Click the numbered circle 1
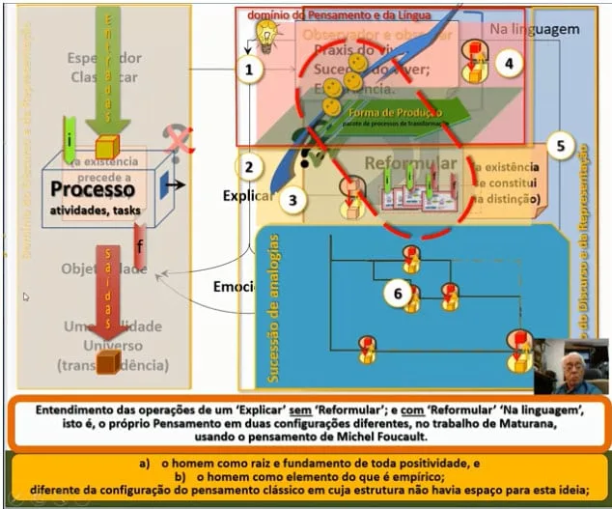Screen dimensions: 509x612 coord(249,70)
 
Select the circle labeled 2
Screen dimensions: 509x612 coord(249,166)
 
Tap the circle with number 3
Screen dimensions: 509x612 coord(292,200)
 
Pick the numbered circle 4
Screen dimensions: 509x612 coord(511,65)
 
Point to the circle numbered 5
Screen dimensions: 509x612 coord(559,148)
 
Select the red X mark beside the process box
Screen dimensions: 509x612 coord(177,142)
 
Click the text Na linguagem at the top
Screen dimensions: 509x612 coord(534,29)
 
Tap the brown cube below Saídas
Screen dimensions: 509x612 coord(108,361)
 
